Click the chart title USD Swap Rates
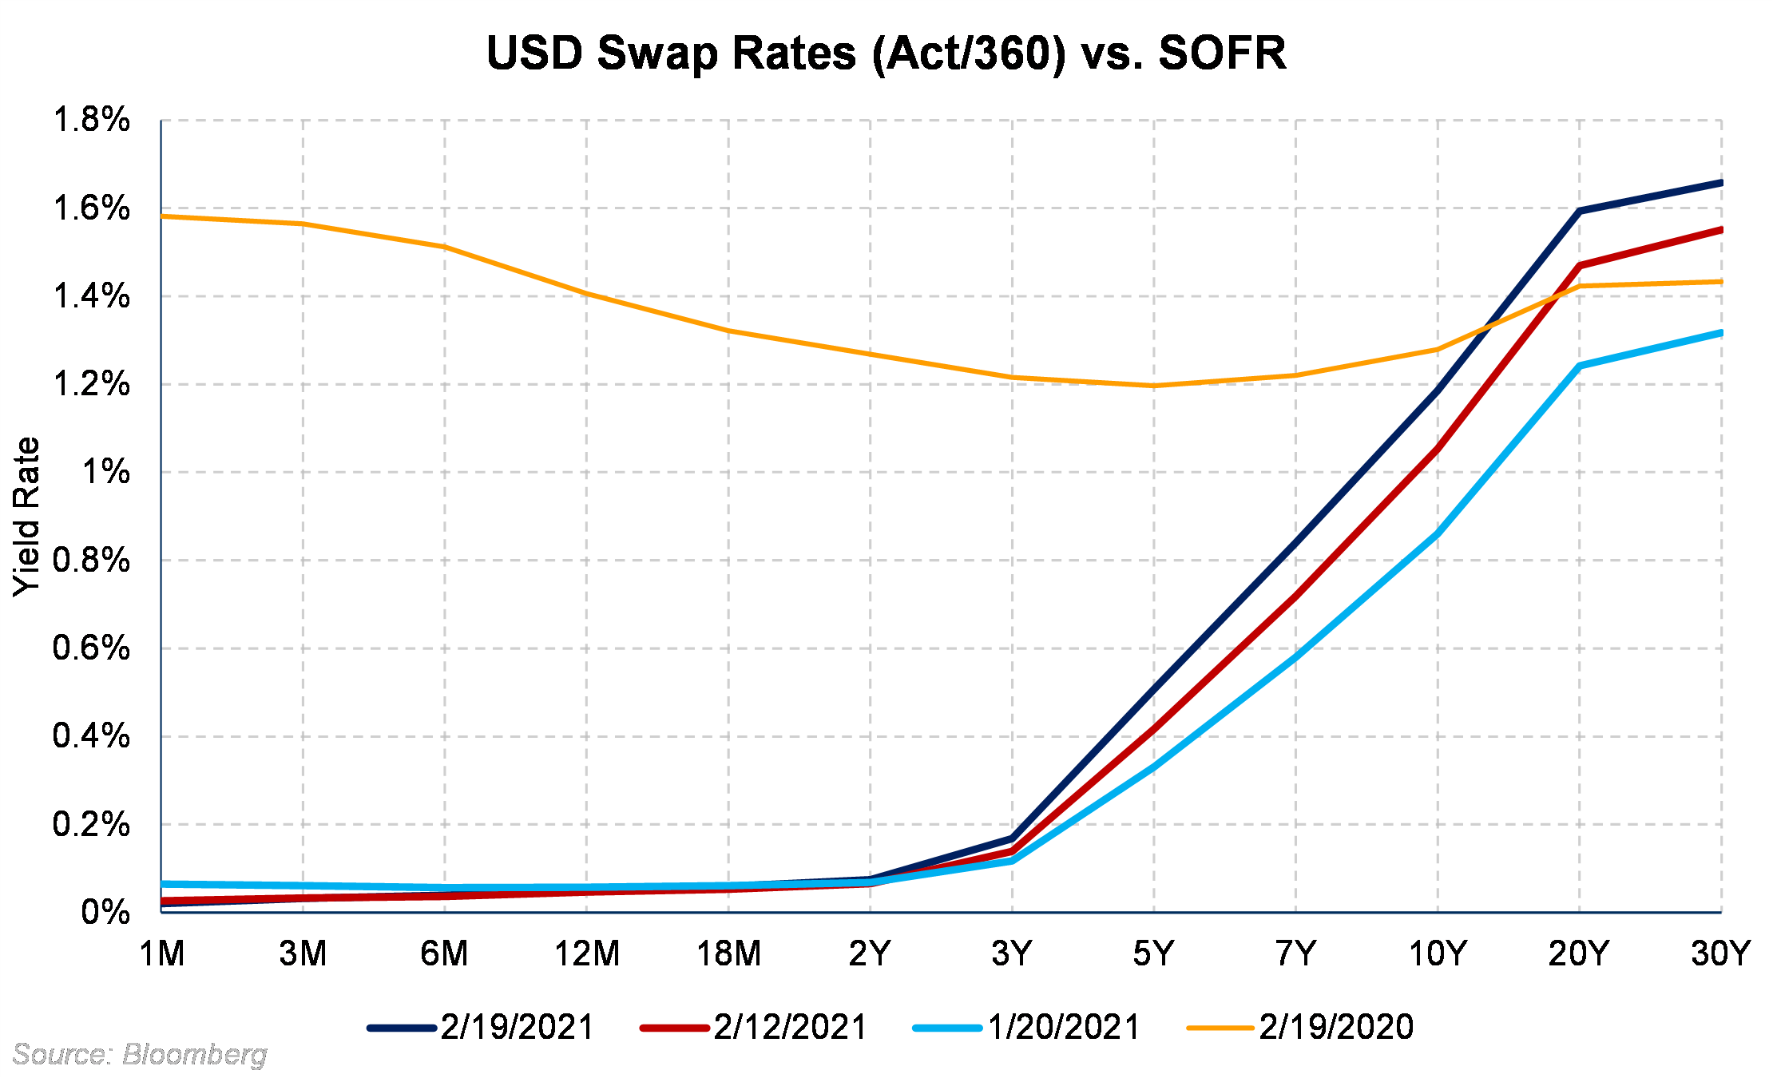(x=886, y=54)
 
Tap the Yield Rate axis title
(x=26, y=516)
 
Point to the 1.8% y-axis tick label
(x=91, y=120)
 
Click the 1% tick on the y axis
(x=105, y=472)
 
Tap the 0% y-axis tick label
(x=105, y=912)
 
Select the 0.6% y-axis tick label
(x=91, y=648)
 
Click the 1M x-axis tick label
(x=162, y=953)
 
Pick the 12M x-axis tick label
(x=587, y=953)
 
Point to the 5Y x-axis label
(x=1154, y=953)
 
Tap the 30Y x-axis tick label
(x=1720, y=953)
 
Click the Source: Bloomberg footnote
(x=140, y=1054)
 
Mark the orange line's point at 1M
(x=162, y=216)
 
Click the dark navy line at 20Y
(x=1580, y=211)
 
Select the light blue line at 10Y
(x=1438, y=533)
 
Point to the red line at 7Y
(x=1295, y=595)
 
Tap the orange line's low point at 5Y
(x=1154, y=386)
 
